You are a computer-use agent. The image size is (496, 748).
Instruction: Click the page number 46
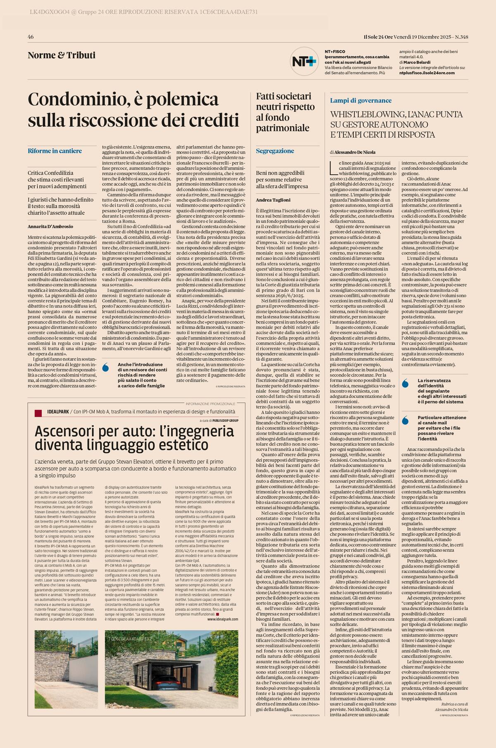(x=31, y=37)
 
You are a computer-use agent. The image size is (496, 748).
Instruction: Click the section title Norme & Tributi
(x=62, y=55)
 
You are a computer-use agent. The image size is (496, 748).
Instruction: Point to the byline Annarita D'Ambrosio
(x=50, y=226)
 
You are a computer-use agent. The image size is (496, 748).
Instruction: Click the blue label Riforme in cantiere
(x=55, y=151)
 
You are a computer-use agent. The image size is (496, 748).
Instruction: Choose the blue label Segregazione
(x=275, y=151)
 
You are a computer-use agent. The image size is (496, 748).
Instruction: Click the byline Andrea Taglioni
(x=273, y=200)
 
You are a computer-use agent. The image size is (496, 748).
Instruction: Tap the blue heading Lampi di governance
(x=361, y=100)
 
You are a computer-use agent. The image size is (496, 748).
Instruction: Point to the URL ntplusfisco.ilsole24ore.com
(x=427, y=73)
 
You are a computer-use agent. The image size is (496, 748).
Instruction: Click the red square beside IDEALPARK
(x=38, y=413)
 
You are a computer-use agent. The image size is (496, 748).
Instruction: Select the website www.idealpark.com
(x=222, y=620)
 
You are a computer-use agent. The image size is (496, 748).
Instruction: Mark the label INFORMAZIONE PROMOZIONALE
(x=210, y=404)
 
